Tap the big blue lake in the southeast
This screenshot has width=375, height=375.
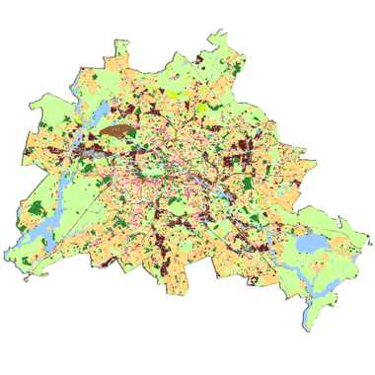311,242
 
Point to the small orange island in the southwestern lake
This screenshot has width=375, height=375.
44,241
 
